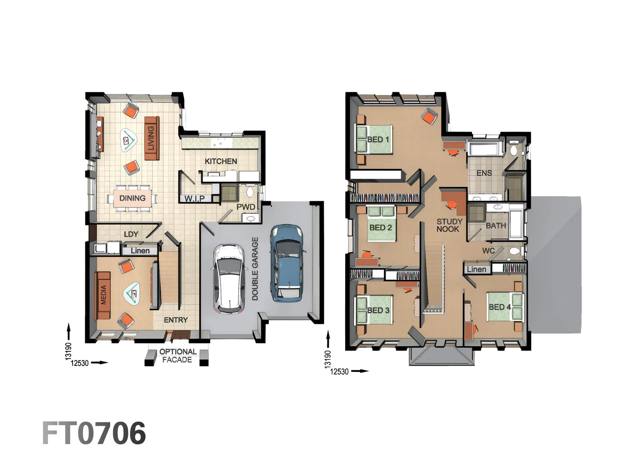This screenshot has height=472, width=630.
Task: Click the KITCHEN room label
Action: pos(221,161)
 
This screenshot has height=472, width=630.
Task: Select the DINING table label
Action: pos(132,198)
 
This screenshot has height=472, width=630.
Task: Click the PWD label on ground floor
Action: pos(246,207)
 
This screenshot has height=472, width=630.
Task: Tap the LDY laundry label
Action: pos(131,234)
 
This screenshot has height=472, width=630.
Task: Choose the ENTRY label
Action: pos(175,320)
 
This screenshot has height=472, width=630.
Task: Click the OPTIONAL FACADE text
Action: pos(178,356)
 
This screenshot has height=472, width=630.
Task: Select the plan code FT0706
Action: pos(94,433)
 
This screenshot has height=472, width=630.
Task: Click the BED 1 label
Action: pos(378,139)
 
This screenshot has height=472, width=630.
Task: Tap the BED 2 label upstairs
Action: pos(380,227)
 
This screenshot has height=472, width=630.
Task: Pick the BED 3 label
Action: pos(378,310)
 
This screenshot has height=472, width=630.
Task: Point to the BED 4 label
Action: pos(500,307)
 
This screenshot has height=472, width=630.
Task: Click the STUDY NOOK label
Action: pos(449,225)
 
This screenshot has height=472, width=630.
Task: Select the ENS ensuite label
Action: pos(484,173)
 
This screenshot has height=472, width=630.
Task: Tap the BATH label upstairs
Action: pos(496,226)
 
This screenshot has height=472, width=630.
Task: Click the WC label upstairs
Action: pos(488,251)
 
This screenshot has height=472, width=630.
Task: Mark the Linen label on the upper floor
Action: pos(476,269)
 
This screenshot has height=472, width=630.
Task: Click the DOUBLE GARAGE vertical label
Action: pos(255,268)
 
